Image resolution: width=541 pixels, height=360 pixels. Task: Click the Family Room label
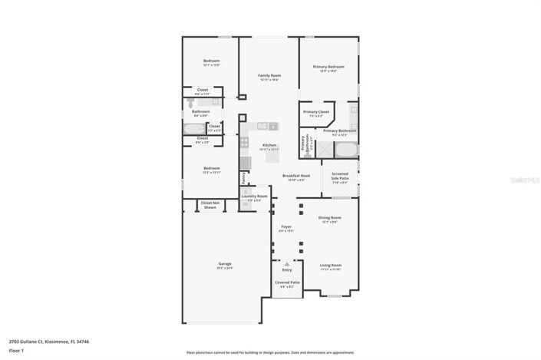270,75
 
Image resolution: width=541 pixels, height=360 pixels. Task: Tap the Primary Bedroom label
328,67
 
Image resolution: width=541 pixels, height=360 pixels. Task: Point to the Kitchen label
269,145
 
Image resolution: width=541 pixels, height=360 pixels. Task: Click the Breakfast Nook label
295,176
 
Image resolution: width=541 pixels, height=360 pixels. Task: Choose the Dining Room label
330,218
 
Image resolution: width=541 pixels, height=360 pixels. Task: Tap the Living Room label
330,266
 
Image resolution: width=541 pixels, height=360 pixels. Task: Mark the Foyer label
285,227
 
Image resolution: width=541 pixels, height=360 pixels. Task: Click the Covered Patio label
287,282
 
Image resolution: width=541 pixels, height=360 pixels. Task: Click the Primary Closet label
315,112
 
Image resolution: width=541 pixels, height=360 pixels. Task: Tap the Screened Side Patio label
339,176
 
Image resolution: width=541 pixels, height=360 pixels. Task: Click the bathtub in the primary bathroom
345,149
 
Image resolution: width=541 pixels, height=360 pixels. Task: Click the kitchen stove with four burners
244,143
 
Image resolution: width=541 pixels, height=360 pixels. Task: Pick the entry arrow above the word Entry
287,263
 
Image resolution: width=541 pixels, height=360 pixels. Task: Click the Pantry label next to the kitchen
244,177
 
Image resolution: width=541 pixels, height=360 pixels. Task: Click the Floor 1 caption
16,351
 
